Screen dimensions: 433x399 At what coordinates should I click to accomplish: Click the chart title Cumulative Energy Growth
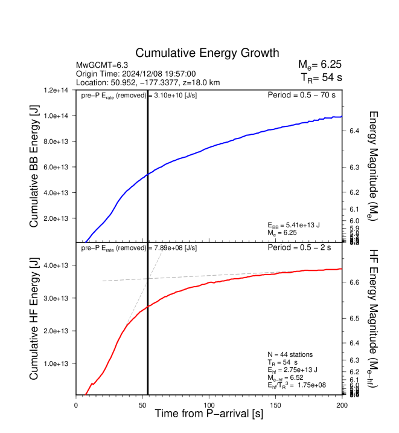[207, 53]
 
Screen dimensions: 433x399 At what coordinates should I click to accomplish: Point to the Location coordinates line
[148, 82]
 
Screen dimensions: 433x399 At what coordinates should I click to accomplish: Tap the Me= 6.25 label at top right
[320, 64]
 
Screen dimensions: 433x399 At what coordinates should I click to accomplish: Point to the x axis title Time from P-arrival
[209, 414]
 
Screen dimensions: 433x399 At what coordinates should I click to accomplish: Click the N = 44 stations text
[290, 354]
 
